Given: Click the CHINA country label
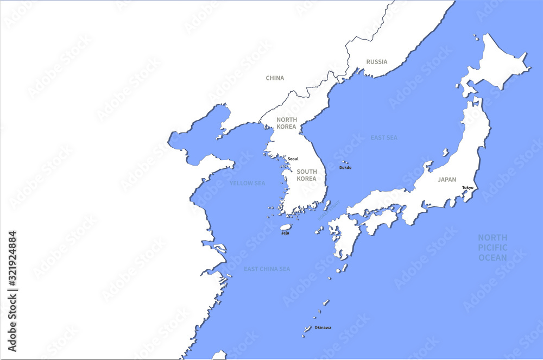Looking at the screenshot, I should point(275,78).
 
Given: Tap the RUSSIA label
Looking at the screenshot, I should point(377,62).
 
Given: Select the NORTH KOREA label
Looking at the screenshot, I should point(286,123).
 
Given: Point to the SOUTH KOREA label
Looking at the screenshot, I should point(306,175).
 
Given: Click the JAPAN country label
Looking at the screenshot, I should point(447,179).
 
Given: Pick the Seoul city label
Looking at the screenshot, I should point(293,159).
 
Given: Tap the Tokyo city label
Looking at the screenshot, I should point(468,188).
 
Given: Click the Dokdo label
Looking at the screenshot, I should point(345,168).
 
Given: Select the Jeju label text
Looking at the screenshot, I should point(285,233).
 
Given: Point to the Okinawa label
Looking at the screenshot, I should point(323,327).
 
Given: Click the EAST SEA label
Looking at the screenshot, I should point(384,138).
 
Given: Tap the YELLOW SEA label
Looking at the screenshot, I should point(247,184).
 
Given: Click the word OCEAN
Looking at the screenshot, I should point(493,258).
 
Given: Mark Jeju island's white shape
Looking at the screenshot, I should point(286,227).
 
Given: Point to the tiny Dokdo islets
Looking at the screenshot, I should point(344,162).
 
